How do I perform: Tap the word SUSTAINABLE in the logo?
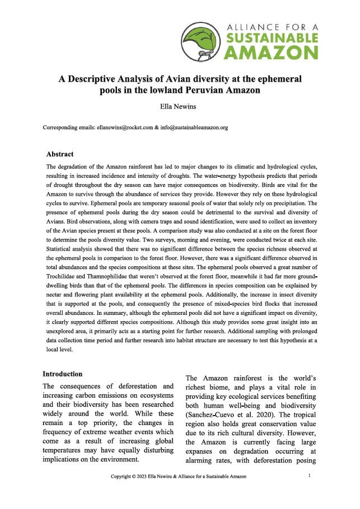coord(271,37)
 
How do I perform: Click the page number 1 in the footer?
coord(310,475)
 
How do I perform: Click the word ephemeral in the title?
coord(277,79)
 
